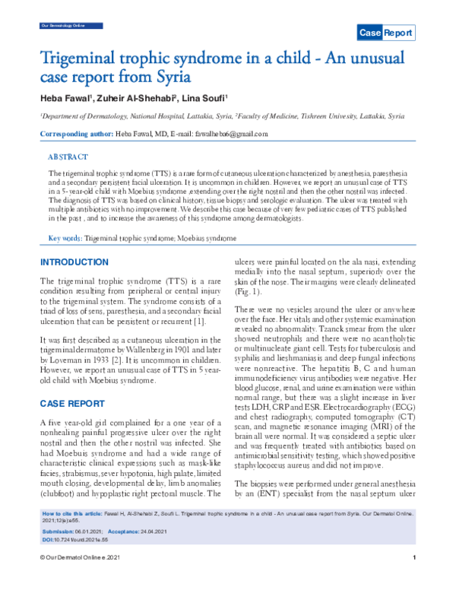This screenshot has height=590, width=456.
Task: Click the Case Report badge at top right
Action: (x=386, y=33)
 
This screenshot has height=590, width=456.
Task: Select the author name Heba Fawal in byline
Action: (x=63, y=100)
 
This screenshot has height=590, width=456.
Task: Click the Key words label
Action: (x=65, y=239)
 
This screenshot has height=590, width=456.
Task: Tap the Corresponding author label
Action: (x=75, y=134)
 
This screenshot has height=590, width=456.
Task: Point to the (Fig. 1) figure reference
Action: (x=246, y=291)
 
